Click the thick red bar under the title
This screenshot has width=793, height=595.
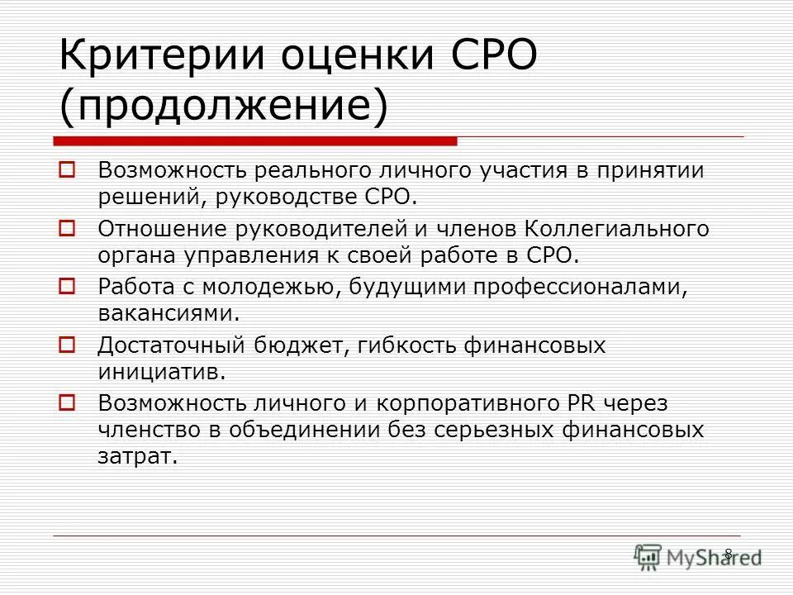255,140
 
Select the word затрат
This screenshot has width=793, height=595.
137,456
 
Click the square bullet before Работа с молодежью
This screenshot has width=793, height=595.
69,286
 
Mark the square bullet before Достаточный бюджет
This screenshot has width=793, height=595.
69,345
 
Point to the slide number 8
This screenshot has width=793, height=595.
728,554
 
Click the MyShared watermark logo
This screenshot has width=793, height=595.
697,557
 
